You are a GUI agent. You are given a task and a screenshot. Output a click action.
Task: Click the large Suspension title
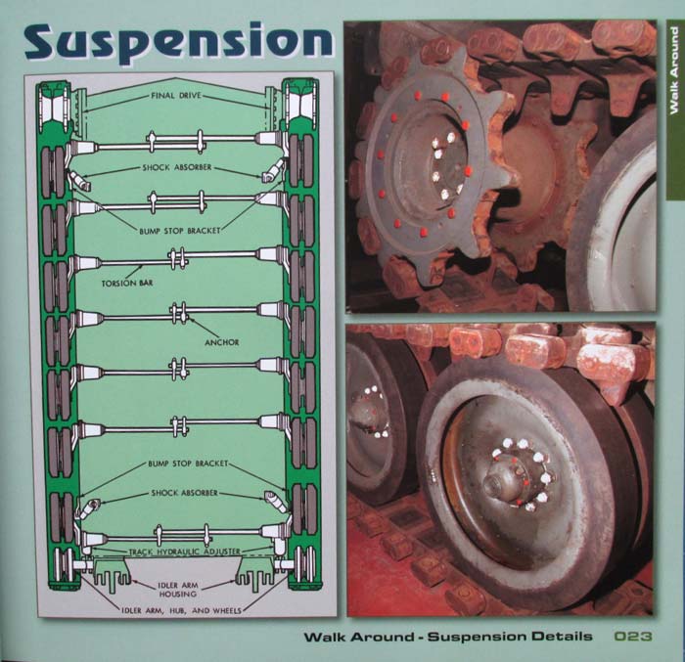pyautogui.click(x=178, y=41)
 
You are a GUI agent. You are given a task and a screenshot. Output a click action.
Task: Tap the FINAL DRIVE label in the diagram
pyautogui.click(x=176, y=95)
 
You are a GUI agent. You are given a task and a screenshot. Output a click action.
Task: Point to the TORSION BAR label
pyautogui.click(x=127, y=283)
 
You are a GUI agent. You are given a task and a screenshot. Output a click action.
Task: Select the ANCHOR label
pyautogui.click(x=221, y=342)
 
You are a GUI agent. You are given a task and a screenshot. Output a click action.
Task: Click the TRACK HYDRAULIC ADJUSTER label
pyautogui.click(x=185, y=552)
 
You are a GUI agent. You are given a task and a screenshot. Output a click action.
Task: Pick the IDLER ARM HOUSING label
pyautogui.click(x=178, y=590)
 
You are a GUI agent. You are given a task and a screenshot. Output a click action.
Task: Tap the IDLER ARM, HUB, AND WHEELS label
pyautogui.click(x=181, y=610)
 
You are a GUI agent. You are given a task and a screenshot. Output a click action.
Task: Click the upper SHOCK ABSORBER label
pyautogui.click(x=177, y=167)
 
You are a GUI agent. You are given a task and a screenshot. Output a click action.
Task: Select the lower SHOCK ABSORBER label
pyautogui.click(x=184, y=493)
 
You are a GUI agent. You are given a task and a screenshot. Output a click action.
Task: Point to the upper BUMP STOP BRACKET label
pyautogui.click(x=179, y=231)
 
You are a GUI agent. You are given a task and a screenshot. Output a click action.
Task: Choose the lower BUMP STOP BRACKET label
pyautogui.click(x=188, y=463)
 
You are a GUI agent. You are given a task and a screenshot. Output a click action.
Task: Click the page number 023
pyautogui.click(x=633, y=637)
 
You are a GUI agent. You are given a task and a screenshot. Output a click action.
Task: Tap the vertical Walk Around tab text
pyautogui.click(x=674, y=70)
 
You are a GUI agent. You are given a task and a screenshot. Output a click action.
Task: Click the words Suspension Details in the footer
pyautogui.click(x=510, y=637)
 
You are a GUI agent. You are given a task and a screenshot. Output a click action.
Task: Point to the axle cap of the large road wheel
pyautogui.click(x=501, y=485)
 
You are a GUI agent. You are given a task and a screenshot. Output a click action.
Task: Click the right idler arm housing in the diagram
pyautogui.click(x=256, y=574)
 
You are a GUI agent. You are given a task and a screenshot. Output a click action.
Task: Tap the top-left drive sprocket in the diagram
pyautogui.click(x=54, y=107)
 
